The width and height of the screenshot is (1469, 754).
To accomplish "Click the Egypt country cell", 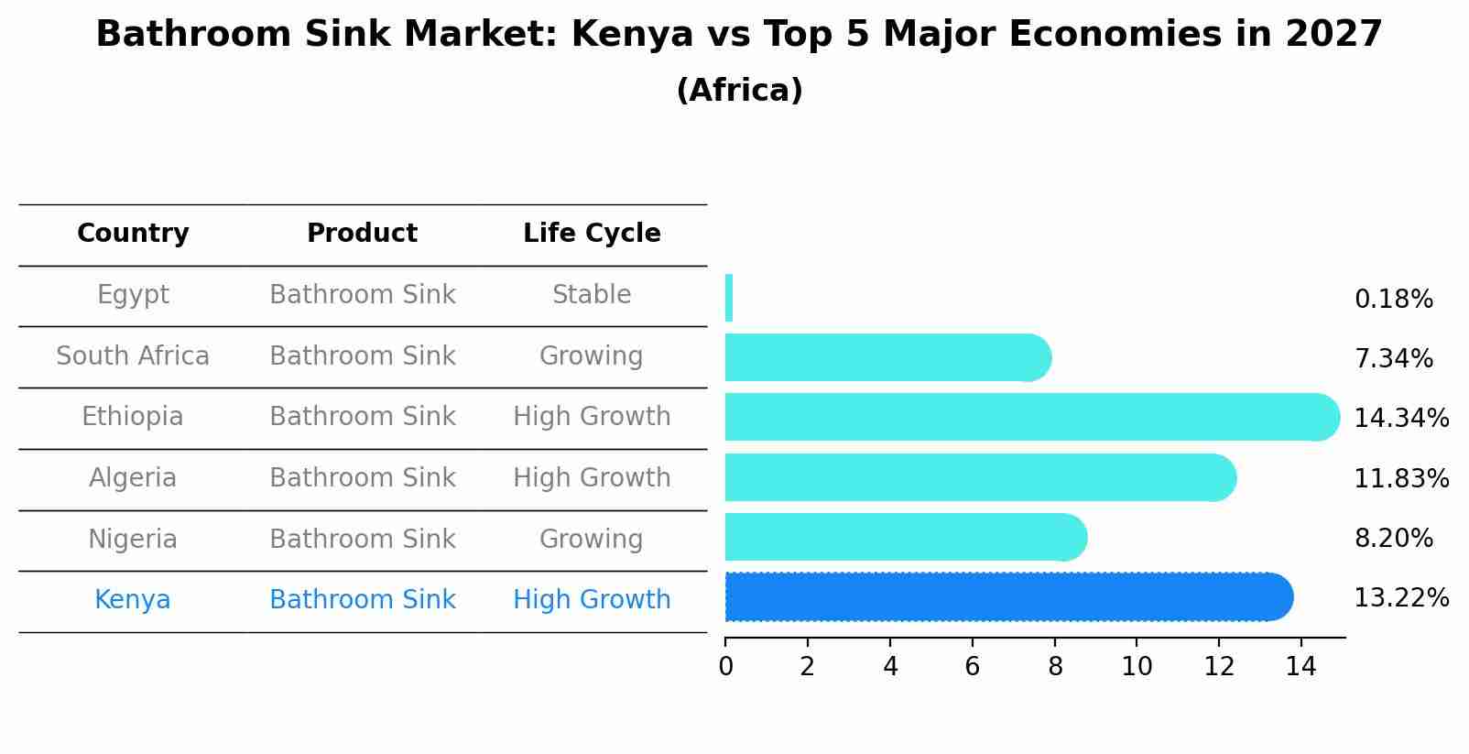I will click(133, 295).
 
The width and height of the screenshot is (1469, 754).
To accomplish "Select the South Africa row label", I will click(133, 356).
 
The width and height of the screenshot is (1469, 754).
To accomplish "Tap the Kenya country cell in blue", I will click(133, 600).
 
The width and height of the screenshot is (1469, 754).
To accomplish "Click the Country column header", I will click(133, 234).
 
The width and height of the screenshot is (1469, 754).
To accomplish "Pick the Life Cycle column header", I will click(592, 234).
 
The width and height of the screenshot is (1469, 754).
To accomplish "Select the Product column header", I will click(362, 234).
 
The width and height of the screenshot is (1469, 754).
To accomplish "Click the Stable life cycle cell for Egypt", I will click(592, 295).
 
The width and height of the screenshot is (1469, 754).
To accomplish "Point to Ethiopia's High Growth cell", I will click(592, 417).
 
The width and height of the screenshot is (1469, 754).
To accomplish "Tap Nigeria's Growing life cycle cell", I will click(592, 539).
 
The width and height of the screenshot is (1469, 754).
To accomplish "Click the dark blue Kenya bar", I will click(1007, 597).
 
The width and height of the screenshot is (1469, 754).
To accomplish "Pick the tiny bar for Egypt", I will click(729, 298).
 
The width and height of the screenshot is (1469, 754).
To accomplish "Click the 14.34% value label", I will click(1401, 419).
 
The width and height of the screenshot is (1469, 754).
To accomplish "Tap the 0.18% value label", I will click(1393, 300).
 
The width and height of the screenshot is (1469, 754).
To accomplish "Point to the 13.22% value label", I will click(1401, 598).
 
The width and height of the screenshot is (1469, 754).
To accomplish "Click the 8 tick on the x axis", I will click(1055, 667).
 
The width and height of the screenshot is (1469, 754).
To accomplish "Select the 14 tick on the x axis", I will click(1300, 667).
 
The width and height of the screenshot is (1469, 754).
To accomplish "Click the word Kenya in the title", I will click(632, 35).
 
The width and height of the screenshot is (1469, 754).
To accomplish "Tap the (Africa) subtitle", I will click(739, 91).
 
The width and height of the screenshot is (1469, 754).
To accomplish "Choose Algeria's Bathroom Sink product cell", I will click(362, 478).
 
